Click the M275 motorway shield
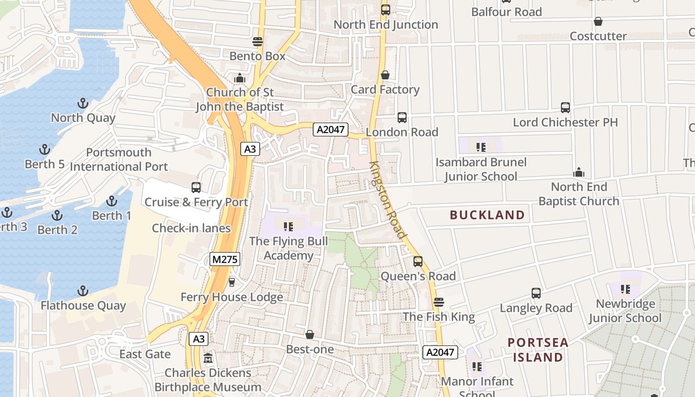click(x=225, y=259)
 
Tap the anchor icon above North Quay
click(x=83, y=104)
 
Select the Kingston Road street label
click(x=388, y=199)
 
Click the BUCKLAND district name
click(x=487, y=215)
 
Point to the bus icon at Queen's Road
click(x=418, y=262)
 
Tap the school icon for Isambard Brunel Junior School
click(x=481, y=147)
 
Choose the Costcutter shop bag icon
click(x=598, y=22)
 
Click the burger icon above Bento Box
click(x=257, y=41)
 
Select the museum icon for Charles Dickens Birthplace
click(x=208, y=358)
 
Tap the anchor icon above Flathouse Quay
click(x=83, y=291)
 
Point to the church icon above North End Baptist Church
click(x=578, y=172)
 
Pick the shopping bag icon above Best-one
click(x=310, y=334)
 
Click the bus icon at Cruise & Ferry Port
click(x=196, y=188)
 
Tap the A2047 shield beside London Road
click(x=330, y=130)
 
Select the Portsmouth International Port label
click(x=119, y=159)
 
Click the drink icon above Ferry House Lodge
click(x=231, y=282)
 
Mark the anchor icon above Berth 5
click(x=45, y=149)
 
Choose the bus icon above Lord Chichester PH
click(x=565, y=108)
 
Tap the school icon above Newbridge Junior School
click(x=625, y=289)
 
